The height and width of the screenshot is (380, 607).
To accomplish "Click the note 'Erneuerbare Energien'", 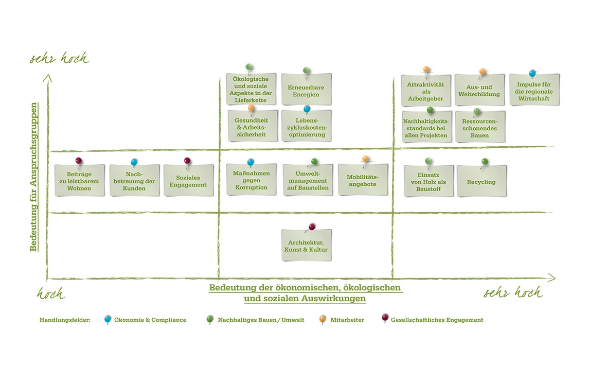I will pyautogui.click(x=306, y=91).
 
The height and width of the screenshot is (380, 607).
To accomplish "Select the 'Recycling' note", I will pyautogui.click(x=481, y=182).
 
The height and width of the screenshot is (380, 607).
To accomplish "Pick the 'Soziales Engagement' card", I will pyautogui.click(x=188, y=181).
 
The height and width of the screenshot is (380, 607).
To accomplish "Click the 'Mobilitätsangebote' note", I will pyautogui.click(x=363, y=181).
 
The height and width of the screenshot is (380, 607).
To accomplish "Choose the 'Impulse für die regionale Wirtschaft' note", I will pyautogui.click(x=534, y=91).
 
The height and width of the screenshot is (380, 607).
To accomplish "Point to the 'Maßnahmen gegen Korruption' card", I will pyautogui.click(x=251, y=181).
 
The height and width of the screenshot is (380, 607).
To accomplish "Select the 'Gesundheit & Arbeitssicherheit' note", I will pyautogui.click(x=253, y=127).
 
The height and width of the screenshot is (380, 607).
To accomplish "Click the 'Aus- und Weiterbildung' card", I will pyautogui.click(x=479, y=91).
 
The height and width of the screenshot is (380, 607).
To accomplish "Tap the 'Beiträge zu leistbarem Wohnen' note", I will pyautogui.click(x=79, y=181).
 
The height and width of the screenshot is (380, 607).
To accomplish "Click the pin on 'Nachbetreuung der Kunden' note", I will pyautogui.click(x=134, y=162).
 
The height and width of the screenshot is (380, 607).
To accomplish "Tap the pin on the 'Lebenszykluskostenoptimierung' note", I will pyautogui.click(x=307, y=109).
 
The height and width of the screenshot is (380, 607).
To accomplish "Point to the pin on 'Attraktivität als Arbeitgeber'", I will pyautogui.click(x=426, y=70).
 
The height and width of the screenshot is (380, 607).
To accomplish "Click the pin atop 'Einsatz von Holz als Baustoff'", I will pyautogui.click(x=429, y=161).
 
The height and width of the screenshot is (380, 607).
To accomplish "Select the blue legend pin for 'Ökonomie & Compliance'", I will pyautogui.click(x=108, y=319).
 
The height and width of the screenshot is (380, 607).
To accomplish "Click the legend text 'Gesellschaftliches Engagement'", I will pyautogui.click(x=437, y=320).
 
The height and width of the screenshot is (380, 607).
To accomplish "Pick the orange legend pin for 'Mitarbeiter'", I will pyautogui.click(x=323, y=319).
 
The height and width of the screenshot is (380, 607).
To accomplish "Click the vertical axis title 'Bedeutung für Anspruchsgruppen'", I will pyautogui.click(x=33, y=177).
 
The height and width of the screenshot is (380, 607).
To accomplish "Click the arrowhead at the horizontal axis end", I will pyautogui.click(x=551, y=278).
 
